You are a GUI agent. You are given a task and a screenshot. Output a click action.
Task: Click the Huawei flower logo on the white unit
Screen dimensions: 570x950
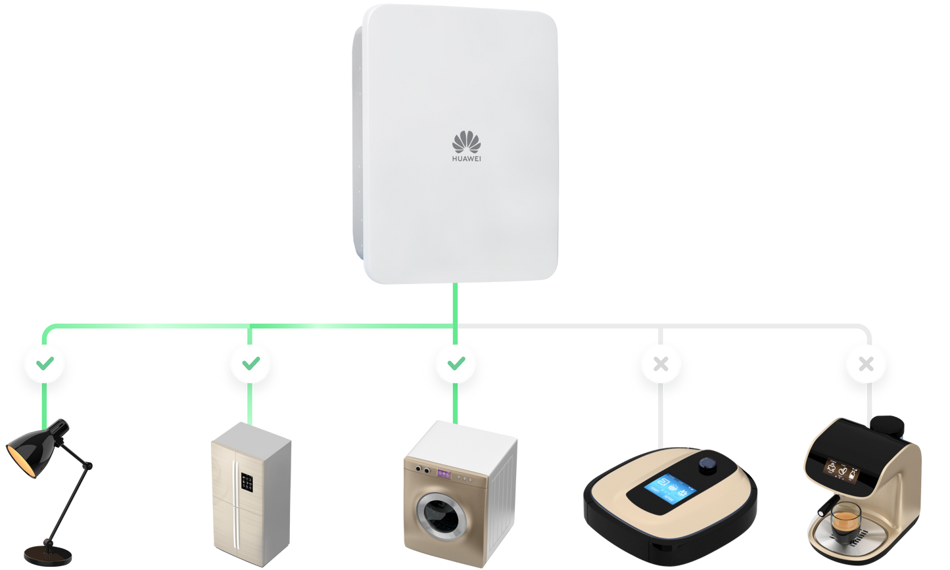466,142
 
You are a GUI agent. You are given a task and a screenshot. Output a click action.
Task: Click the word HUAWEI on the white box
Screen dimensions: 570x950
466,158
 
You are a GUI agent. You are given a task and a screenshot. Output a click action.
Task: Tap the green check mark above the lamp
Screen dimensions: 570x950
45,363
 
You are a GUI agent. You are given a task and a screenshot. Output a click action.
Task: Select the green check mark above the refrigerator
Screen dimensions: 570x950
249,363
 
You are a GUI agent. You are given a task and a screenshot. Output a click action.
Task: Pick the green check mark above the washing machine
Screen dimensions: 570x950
455,363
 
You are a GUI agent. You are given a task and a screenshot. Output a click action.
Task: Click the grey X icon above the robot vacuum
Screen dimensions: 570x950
661,363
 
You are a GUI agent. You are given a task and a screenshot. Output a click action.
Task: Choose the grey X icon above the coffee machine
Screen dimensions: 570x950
866,363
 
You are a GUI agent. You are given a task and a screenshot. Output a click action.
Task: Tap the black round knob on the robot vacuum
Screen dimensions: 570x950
708,464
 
